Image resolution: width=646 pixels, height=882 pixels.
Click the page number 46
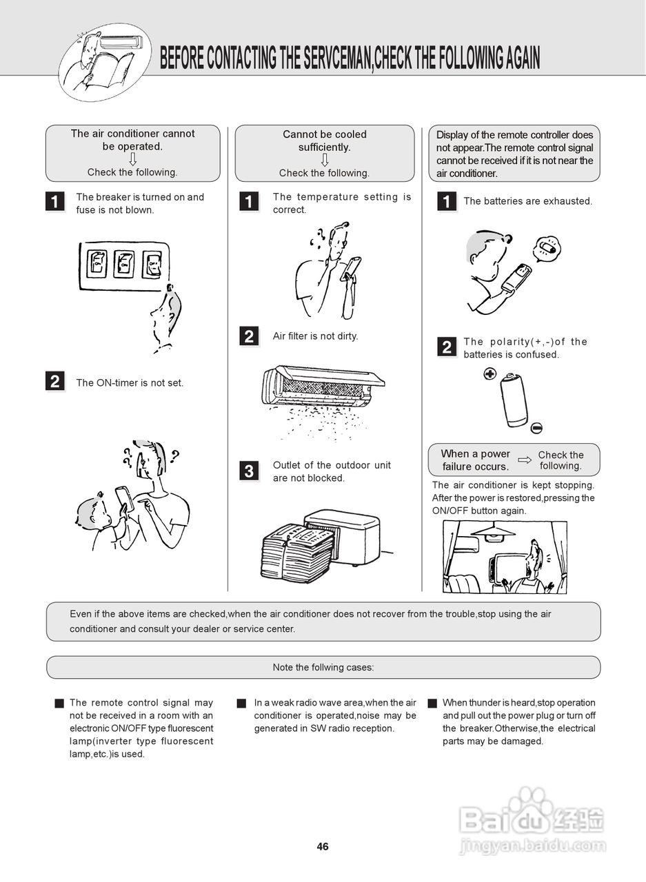click(x=323, y=847)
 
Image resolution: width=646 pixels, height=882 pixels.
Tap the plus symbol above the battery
click(x=489, y=374)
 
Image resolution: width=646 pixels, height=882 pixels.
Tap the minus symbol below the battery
click(x=537, y=428)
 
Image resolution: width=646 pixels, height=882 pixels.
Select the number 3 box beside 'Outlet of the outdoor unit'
click(x=249, y=471)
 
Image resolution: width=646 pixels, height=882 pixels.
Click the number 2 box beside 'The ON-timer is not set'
click(x=55, y=381)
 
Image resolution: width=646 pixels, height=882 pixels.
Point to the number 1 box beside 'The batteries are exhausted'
click(x=447, y=201)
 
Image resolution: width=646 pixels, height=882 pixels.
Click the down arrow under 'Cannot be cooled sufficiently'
click(x=325, y=160)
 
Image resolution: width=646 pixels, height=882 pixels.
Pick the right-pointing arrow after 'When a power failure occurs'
click(x=525, y=460)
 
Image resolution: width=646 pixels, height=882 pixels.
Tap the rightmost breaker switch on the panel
click(x=152, y=264)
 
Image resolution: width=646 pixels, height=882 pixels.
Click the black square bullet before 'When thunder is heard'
click(x=432, y=704)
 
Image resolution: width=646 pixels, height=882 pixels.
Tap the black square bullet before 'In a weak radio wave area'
click(x=241, y=704)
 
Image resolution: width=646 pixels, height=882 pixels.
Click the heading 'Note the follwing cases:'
click(x=323, y=667)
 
